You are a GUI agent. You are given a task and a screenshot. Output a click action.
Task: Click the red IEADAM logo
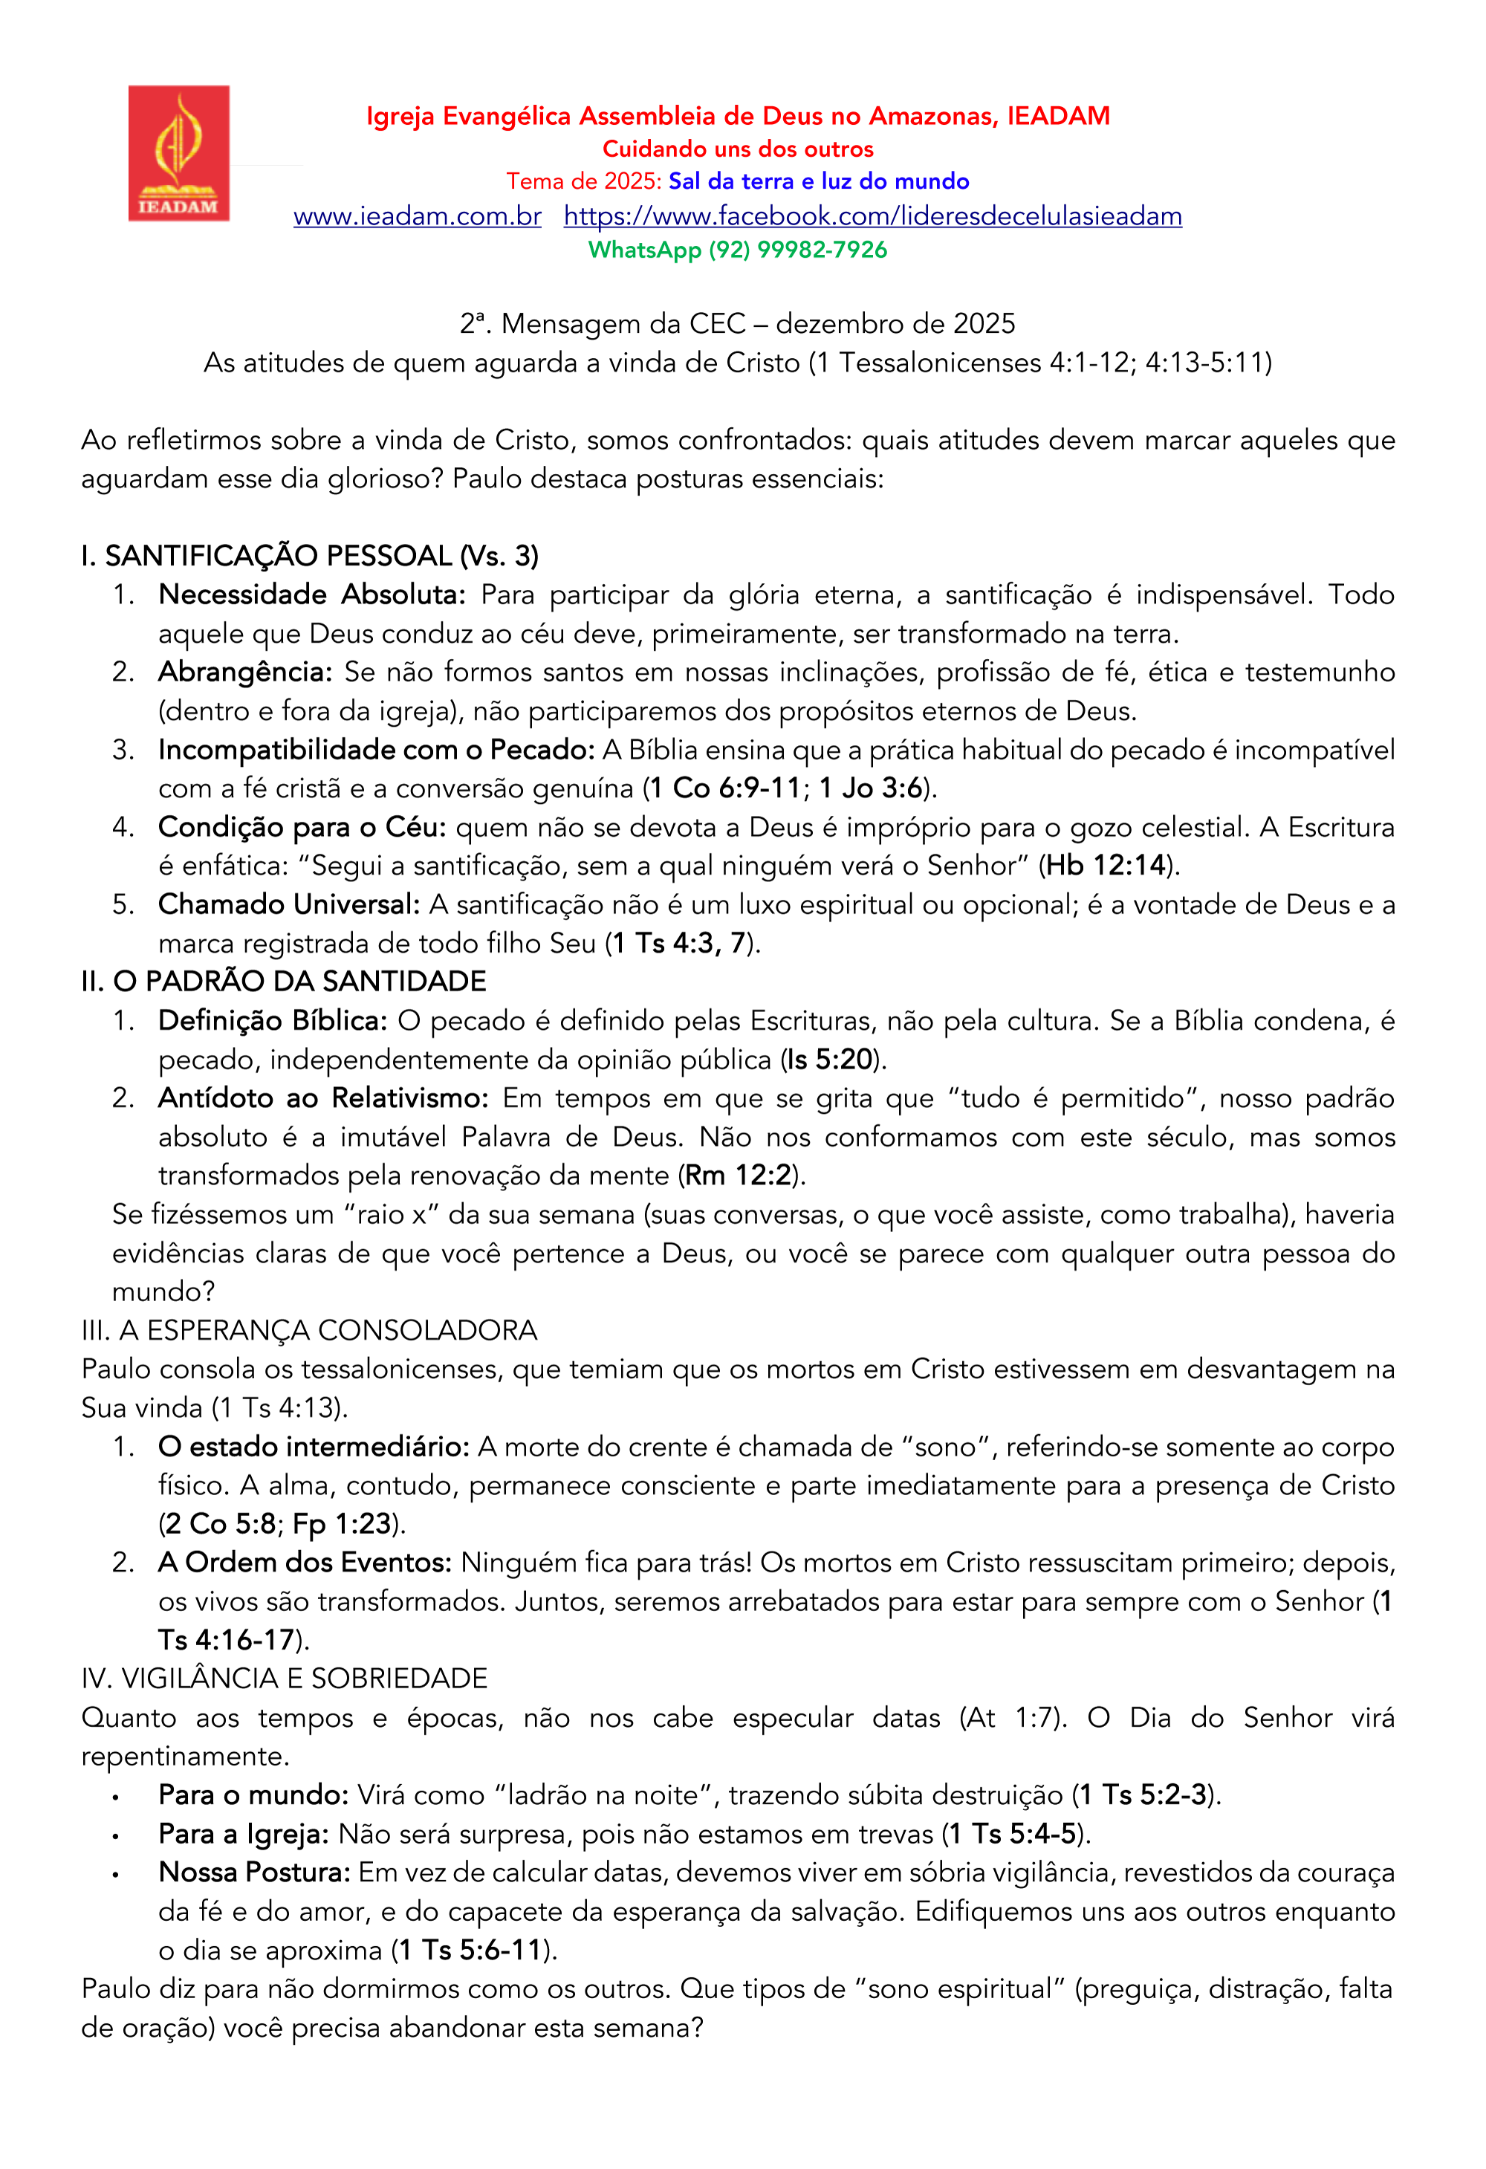tap(178, 153)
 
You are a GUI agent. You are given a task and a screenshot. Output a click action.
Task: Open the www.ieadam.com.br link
tap(418, 216)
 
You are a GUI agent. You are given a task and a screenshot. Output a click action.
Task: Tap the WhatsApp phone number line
tap(736, 250)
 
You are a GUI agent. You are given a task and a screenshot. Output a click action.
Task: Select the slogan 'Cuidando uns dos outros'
tap(737, 149)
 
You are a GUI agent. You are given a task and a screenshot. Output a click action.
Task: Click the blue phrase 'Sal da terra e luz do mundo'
tap(819, 181)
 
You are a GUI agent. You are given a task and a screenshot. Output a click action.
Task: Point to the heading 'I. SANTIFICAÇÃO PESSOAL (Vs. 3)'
tap(310, 557)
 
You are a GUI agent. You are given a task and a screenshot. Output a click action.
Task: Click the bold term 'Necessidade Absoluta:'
tap(312, 594)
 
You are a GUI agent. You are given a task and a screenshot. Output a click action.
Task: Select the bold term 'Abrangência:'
tap(244, 672)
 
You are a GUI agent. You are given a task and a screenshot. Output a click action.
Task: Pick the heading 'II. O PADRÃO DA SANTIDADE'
tap(284, 982)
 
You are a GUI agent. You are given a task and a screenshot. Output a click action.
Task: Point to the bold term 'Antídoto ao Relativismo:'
tap(323, 1098)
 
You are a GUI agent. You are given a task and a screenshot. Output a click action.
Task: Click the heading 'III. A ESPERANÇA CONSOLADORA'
tap(309, 1330)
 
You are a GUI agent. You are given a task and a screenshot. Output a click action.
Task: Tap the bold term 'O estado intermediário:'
tap(314, 1447)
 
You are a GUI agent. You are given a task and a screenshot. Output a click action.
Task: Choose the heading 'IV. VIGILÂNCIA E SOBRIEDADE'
tap(285, 1679)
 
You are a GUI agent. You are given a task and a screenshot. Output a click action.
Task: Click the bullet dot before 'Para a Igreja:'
tap(115, 1836)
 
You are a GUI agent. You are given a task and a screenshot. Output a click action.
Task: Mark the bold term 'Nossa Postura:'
tap(255, 1873)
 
